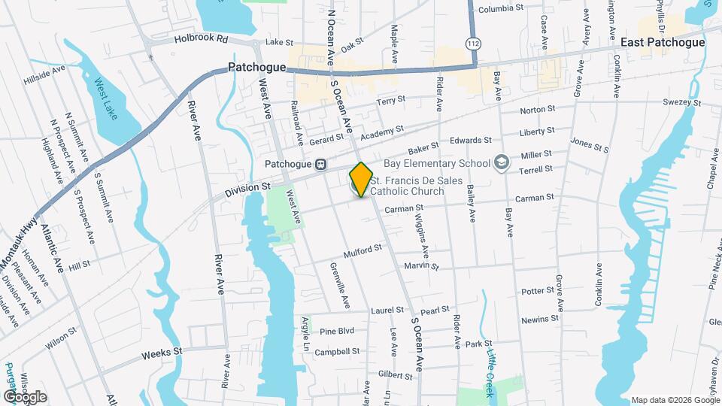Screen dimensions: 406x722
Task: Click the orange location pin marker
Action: pos(361,178)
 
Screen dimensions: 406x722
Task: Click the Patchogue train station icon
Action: pos(320,165)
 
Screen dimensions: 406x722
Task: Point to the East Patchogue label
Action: pos(662,42)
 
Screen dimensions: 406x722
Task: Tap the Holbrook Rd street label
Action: pos(200,38)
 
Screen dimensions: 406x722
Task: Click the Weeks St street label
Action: pos(162,351)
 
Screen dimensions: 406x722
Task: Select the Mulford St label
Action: pos(363,253)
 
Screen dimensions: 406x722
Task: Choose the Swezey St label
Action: pos(681,102)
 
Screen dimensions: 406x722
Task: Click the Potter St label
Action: pos(537,291)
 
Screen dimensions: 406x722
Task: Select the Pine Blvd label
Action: pos(336,331)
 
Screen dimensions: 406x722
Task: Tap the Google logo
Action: pos(24,397)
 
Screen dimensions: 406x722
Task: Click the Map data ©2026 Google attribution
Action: pos(674,400)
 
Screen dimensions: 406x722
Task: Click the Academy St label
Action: pos(376,133)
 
